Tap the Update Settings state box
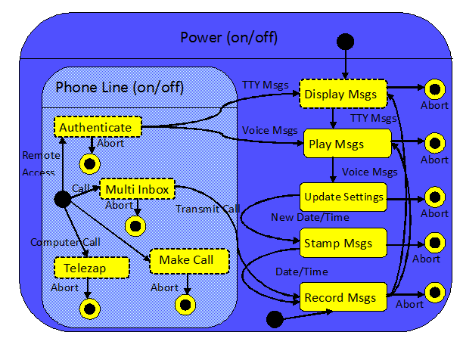[343, 197]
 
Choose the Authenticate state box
[98, 127]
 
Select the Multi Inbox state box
[138, 188]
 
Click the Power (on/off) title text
[229, 37]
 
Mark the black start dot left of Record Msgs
[275, 318]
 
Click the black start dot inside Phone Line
[63, 199]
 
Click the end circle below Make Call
[185, 304]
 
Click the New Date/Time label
[300, 218]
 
